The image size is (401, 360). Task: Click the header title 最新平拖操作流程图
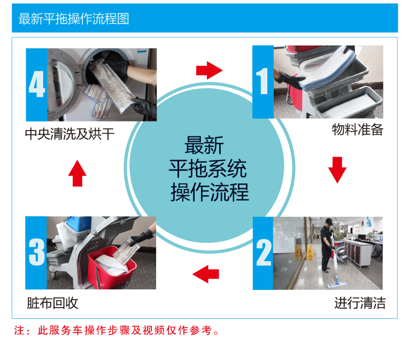pyautogui.click(x=74, y=19)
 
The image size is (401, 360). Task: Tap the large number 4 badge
pyautogui.click(x=36, y=85)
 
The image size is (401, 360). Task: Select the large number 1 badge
pyautogui.click(x=263, y=82)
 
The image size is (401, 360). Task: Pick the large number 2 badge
pyautogui.click(x=263, y=253)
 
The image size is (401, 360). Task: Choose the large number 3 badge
pyautogui.click(x=36, y=253)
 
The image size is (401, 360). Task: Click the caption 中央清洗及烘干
pyautogui.click(x=70, y=134)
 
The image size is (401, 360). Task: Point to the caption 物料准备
pyautogui.click(x=357, y=130)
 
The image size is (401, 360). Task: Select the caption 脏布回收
pyautogui.click(x=52, y=303)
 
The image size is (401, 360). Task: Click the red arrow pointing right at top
pyautogui.click(x=209, y=70)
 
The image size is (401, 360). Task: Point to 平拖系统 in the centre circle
pyautogui.click(x=207, y=168)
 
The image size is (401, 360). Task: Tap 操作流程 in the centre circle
pyautogui.click(x=210, y=192)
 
